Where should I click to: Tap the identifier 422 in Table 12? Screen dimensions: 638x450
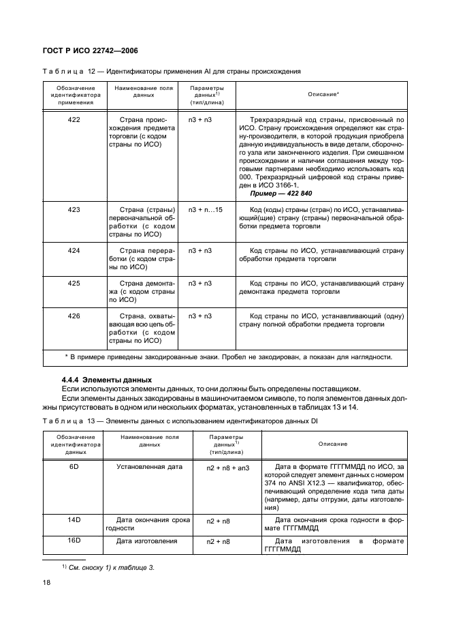point(75,119)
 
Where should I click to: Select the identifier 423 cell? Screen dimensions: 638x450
point(75,209)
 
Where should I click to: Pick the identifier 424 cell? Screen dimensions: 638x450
point(75,251)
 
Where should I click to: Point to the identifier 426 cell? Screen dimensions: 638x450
point(75,316)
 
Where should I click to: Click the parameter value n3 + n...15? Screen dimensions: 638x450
point(205,209)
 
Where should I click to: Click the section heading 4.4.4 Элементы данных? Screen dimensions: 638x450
point(105,379)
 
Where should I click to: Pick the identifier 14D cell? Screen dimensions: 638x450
point(75,519)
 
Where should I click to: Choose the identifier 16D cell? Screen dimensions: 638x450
point(75,541)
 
